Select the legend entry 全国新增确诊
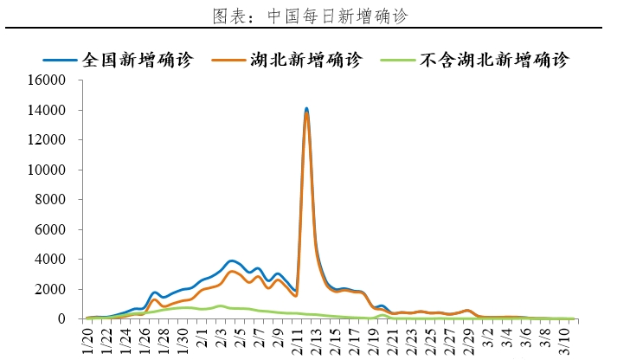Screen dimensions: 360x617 point(138,60)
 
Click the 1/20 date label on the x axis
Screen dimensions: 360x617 point(88,340)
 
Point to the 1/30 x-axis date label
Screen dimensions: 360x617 point(183,340)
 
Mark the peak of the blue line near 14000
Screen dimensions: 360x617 point(306,108)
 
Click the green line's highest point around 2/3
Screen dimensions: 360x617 point(221,305)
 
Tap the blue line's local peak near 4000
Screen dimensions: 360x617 point(231,260)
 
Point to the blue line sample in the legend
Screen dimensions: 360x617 point(61,61)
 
